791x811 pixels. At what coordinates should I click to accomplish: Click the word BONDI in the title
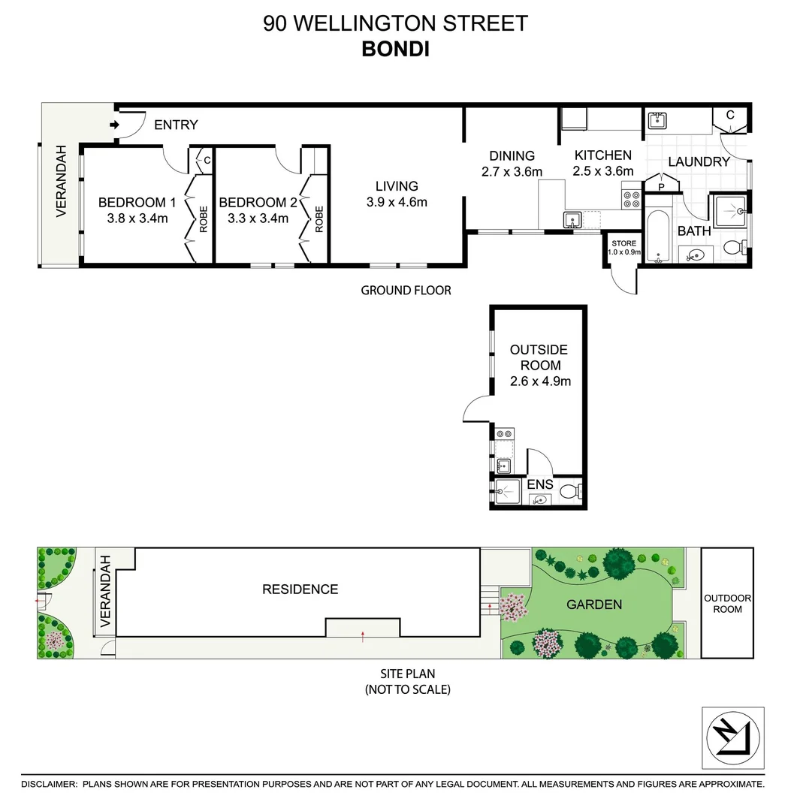[396, 49]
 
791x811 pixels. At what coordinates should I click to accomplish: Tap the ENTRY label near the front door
[176, 125]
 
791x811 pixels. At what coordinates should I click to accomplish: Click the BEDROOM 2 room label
[257, 202]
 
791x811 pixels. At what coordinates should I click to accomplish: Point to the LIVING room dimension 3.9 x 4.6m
[397, 202]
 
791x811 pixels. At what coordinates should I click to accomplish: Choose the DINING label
[512, 155]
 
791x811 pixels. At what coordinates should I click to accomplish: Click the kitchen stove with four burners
[631, 199]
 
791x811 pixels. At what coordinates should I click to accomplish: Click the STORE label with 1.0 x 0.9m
[623, 247]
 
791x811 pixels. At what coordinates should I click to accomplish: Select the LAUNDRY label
[699, 161]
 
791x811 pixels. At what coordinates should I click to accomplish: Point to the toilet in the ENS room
[571, 493]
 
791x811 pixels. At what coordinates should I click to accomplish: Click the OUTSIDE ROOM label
[539, 357]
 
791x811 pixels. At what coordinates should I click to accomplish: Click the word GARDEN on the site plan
[593, 604]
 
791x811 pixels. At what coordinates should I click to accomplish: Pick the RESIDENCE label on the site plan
[300, 589]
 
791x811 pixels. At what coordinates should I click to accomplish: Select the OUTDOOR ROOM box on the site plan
[727, 604]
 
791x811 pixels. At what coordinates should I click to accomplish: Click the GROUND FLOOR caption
[406, 290]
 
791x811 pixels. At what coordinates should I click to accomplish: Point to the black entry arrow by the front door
[114, 125]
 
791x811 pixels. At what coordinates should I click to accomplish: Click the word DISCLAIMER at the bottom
[49, 784]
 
